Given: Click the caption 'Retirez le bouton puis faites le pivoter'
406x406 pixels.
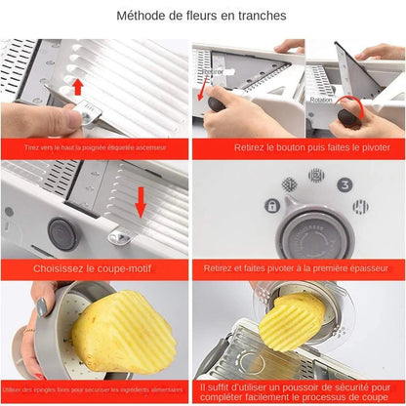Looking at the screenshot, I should click(x=299, y=148).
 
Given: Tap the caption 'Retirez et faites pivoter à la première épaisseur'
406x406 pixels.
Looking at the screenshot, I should click(x=298, y=267).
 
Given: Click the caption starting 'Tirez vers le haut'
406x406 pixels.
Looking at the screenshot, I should click(x=94, y=148).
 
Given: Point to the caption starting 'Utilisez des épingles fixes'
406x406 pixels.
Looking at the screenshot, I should click(x=94, y=387).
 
